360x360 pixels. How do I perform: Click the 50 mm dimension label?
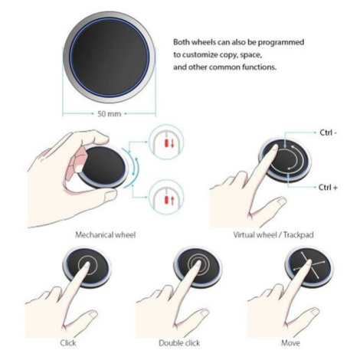110,114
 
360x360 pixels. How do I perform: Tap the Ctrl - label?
329,133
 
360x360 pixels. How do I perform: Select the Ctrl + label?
328,188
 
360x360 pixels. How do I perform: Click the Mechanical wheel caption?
105,235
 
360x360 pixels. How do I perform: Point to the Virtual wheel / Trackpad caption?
273,235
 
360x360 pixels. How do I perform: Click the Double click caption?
179,343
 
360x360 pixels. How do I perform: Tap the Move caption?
290,343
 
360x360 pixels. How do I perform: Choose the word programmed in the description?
281,43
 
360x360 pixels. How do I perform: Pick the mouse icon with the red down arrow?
166,142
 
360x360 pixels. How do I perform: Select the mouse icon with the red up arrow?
166,198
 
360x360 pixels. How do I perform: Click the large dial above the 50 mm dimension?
110,57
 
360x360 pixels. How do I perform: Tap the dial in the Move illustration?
309,267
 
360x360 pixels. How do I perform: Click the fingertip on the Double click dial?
198,263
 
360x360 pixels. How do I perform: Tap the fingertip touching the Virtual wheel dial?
274,148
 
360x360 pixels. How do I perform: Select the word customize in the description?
200,55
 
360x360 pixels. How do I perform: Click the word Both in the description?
182,42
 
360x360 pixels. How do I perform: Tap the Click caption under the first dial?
68,343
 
